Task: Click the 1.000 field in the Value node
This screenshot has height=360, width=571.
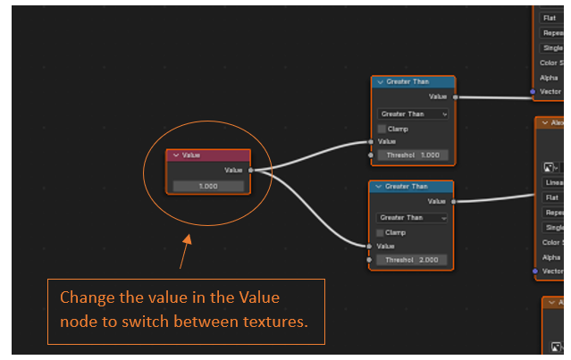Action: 208,186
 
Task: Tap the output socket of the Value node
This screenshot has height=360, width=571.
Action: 251,170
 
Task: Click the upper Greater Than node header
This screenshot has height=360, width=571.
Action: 413,81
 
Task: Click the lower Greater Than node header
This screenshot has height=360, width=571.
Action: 412,187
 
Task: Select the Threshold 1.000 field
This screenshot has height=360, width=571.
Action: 412,155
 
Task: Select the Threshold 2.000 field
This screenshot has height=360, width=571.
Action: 412,259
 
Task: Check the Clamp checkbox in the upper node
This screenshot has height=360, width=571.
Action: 382,129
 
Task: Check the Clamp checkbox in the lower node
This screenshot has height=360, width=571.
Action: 382,232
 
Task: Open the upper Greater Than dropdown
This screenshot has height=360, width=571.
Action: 412,114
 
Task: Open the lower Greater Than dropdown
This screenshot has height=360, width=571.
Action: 412,217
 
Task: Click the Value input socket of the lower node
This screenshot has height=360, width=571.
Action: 368,246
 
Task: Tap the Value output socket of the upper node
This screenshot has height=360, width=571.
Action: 455,96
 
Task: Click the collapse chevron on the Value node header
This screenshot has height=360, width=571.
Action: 175,155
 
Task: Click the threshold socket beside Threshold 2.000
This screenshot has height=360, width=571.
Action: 369,259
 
